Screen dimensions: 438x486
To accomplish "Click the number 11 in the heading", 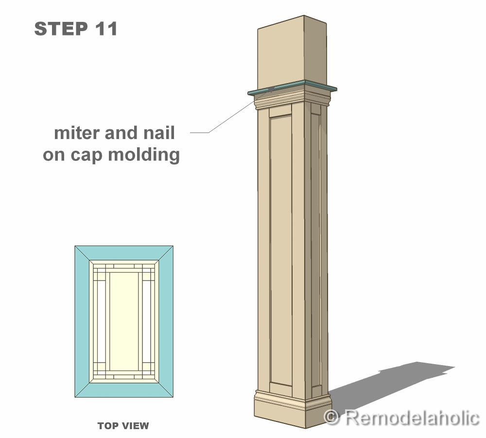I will [105, 29].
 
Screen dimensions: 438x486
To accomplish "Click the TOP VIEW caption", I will [123, 426].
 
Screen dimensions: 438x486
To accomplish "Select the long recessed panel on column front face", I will [281, 248].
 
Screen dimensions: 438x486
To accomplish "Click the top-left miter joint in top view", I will [83, 254].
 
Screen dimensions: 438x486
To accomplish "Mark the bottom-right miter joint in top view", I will [165, 389].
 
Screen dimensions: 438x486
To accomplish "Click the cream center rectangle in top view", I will [123, 321].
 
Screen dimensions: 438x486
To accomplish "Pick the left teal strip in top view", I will [82, 321].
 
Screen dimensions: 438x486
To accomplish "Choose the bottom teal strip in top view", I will [124, 390].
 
